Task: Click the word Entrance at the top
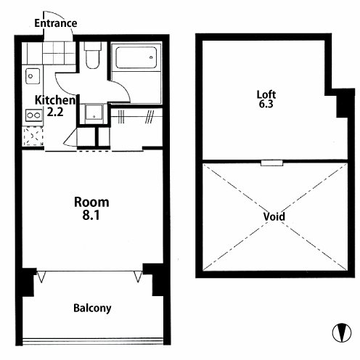click(56, 23)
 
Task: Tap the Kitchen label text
click(55, 100)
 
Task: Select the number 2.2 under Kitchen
click(55, 112)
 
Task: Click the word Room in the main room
click(91, 202)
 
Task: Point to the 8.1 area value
click(91, 215)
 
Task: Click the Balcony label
click(92, 308)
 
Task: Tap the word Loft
click(266, 94)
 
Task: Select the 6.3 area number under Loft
click(266, 104)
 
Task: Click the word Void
click(274, 216)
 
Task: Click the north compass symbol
click(342, 332)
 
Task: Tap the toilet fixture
click(92, 55)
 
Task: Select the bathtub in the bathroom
click(136, 57)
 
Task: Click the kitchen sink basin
click(33, 76)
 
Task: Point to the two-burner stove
click(34, 115)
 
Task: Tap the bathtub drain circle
click(151, 57)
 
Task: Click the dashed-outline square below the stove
click(33, 136)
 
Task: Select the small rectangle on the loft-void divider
click(271, 163)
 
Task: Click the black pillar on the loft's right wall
click(343, 106)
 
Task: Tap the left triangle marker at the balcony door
click(41, 277)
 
